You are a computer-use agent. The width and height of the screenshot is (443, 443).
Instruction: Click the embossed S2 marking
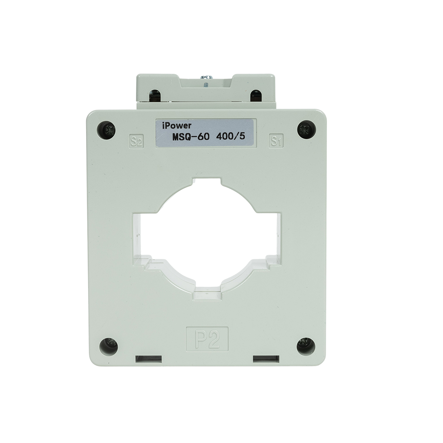135,141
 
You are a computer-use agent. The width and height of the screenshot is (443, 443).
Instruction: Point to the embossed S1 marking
275,141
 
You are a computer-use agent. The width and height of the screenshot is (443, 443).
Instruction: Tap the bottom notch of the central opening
207,293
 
